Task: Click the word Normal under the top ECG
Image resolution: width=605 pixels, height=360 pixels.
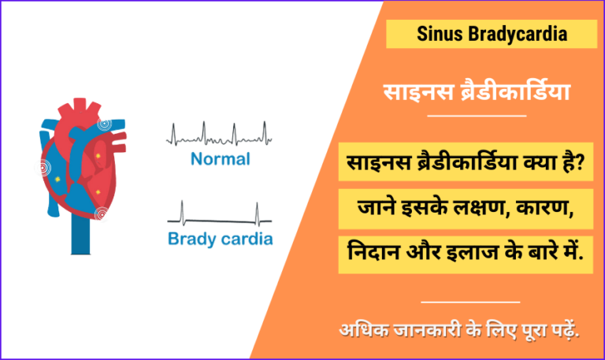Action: coord(221,159)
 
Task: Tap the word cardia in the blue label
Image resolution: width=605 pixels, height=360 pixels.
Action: coord(247,238)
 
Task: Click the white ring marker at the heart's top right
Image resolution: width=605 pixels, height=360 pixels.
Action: coord(103,124)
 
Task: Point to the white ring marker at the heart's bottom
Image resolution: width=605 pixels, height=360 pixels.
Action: coord(101,213)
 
